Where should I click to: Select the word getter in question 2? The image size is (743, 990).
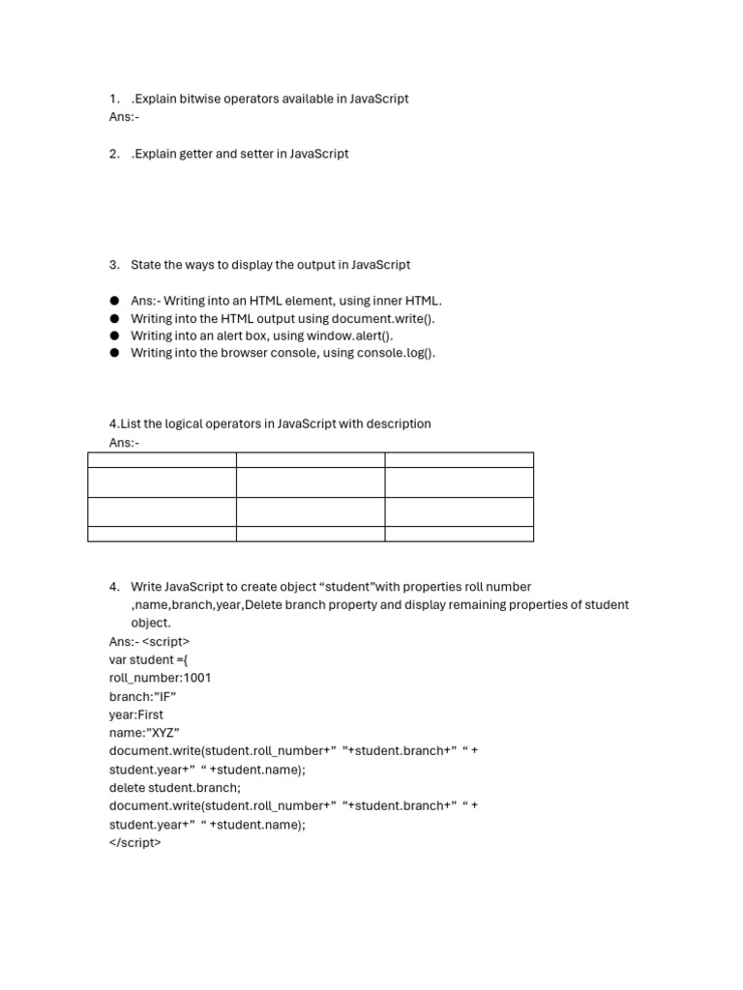point(193,154)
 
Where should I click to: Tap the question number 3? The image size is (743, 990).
point(114,265)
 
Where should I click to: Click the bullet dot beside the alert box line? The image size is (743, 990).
point(114,335)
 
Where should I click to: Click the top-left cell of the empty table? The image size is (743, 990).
point(162,460)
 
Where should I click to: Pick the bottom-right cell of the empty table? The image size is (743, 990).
point(459,534)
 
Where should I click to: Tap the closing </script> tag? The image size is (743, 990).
point(135,842)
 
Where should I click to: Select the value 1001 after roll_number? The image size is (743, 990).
point(197,678)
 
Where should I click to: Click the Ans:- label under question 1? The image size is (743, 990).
point(124,116)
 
